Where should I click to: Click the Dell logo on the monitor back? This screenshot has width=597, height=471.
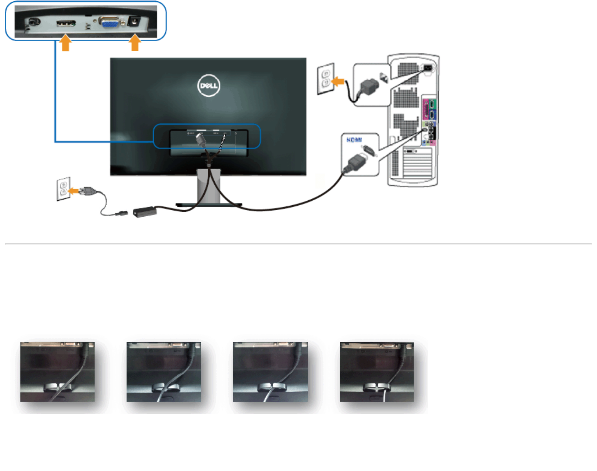(x=209, y=85)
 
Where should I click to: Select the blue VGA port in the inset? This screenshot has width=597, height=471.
(x=109, y=23)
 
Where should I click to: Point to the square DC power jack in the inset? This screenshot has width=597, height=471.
(x=133, y=21)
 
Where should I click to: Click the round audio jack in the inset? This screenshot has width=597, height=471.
(x=33, y=22)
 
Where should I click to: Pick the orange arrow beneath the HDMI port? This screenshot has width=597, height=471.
(x=65, y=43)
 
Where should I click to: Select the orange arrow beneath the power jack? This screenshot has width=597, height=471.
(x=135, y=43)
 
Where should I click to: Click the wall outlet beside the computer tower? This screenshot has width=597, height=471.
(x=325, y=78)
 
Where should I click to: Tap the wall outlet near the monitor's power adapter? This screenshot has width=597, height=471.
(x=63, y=188)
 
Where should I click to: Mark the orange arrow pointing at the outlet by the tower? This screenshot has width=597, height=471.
(x=338, y=82)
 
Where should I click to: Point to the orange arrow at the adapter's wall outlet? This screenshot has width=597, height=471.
(x=74, y=191)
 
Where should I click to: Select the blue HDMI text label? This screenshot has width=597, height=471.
(x=354, y=140)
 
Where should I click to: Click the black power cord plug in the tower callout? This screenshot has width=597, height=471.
(x=368, y=86)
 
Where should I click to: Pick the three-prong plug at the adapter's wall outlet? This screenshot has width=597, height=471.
(x=88, y=191)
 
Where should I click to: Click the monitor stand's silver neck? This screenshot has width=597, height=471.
(x=209, y=186)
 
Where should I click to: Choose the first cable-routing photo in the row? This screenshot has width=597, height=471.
(x=58, y=372)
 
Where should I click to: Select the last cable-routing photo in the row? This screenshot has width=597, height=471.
(x=377, y=372)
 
